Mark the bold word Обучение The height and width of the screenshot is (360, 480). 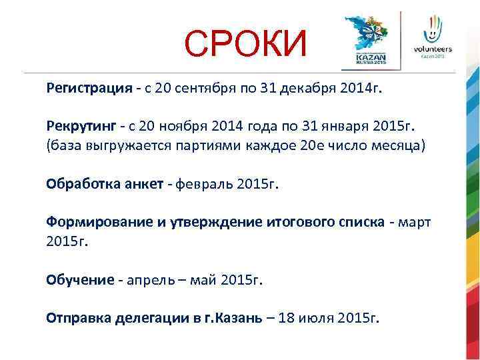click(x=81, y=280)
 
